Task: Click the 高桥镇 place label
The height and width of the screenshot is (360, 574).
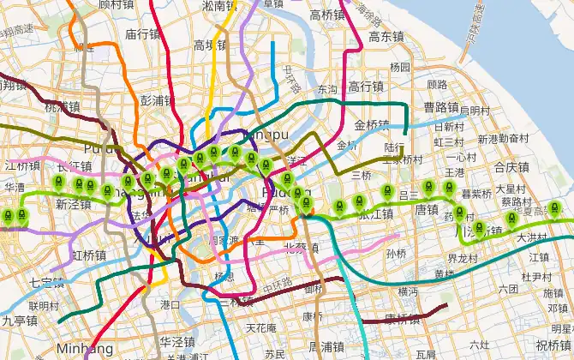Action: pos(327,14)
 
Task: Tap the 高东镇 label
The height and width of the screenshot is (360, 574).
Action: pos(386,37)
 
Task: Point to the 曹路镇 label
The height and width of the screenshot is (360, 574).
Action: pos(442,107)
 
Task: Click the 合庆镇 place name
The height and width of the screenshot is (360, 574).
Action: pos(513,167)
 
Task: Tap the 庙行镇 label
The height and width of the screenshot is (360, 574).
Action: pos(143,34)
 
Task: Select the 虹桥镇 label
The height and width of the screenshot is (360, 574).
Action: pos(89,255)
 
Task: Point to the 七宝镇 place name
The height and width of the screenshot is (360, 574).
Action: pos(46,281)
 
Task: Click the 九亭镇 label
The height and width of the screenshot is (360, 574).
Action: pos(19,321)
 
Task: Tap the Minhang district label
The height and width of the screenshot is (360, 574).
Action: pos(85,349)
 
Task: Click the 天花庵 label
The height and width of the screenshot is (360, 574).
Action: pos(261,327)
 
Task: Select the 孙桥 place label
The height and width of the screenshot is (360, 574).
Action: pos(396,254)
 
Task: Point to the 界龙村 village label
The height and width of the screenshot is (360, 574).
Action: pos(463,257)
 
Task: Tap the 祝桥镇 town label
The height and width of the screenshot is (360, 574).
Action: pos(553,345)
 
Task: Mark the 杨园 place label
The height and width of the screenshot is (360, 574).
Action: pos(399,67)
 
